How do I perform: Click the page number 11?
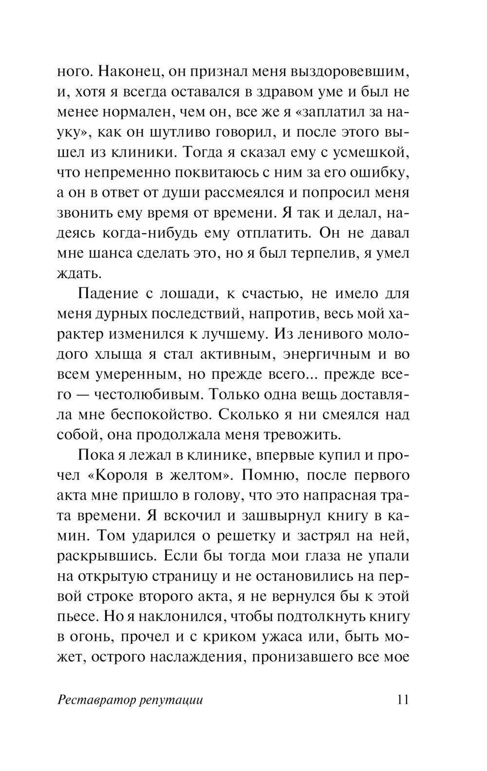click(403, 700)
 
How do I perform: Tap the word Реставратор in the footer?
click(95, 700)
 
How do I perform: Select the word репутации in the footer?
click(170, 700)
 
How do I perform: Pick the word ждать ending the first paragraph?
click(79, 273)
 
